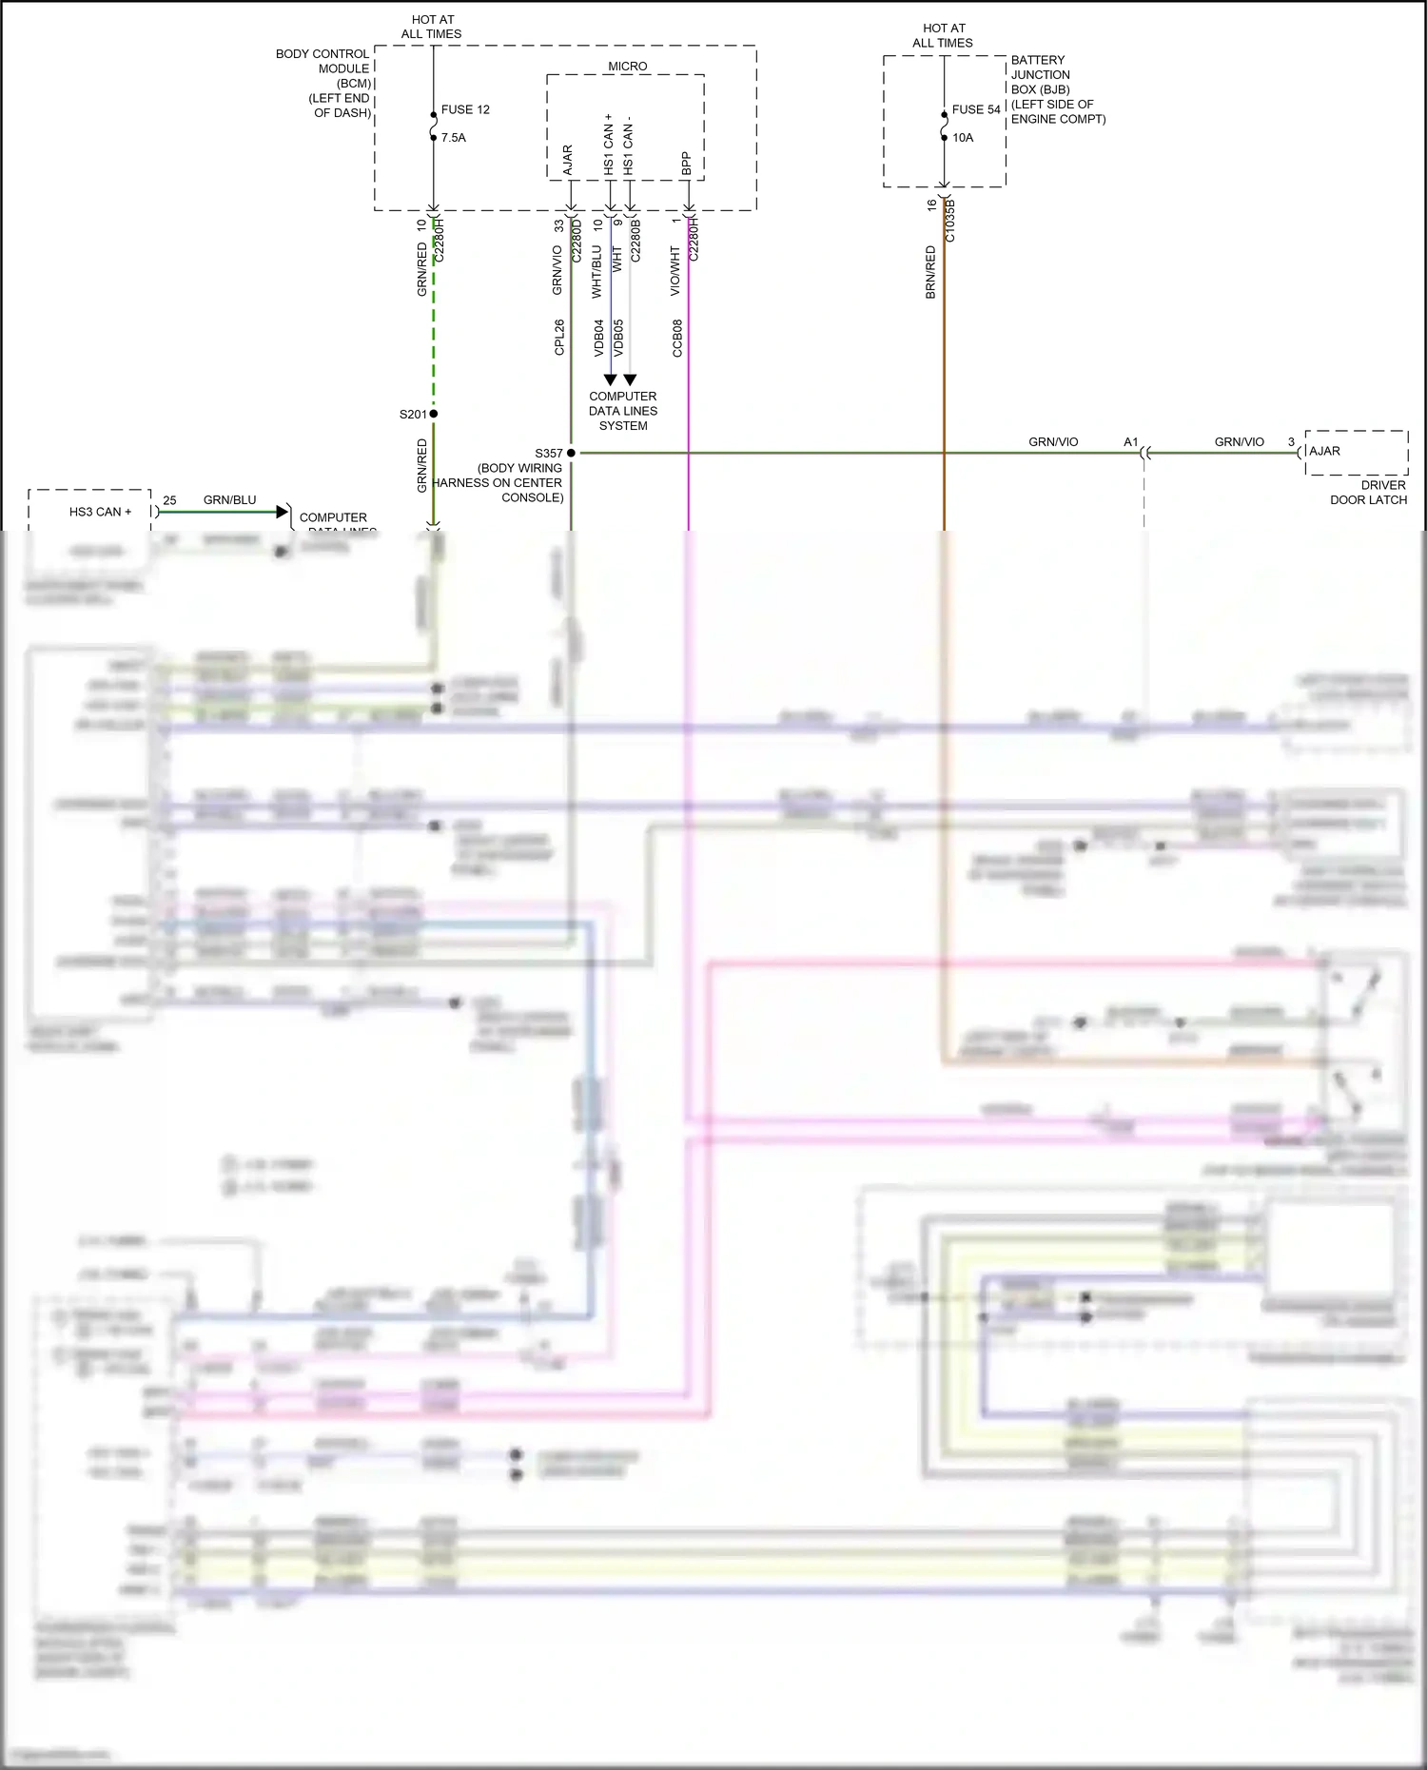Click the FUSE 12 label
465,109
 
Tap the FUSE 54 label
976,109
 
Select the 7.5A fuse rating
454,138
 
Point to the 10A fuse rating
963,138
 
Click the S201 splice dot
433,414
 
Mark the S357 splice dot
571,453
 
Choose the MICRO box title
627,67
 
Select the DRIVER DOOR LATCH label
1369,492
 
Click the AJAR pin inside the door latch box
1324,451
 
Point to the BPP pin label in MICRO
686,164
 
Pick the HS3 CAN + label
100,512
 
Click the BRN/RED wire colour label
930,272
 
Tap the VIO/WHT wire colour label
675,271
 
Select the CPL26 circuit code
559,338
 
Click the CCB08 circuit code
677,338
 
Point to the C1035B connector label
950,222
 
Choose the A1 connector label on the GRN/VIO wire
1130,442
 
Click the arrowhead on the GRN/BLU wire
282,512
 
